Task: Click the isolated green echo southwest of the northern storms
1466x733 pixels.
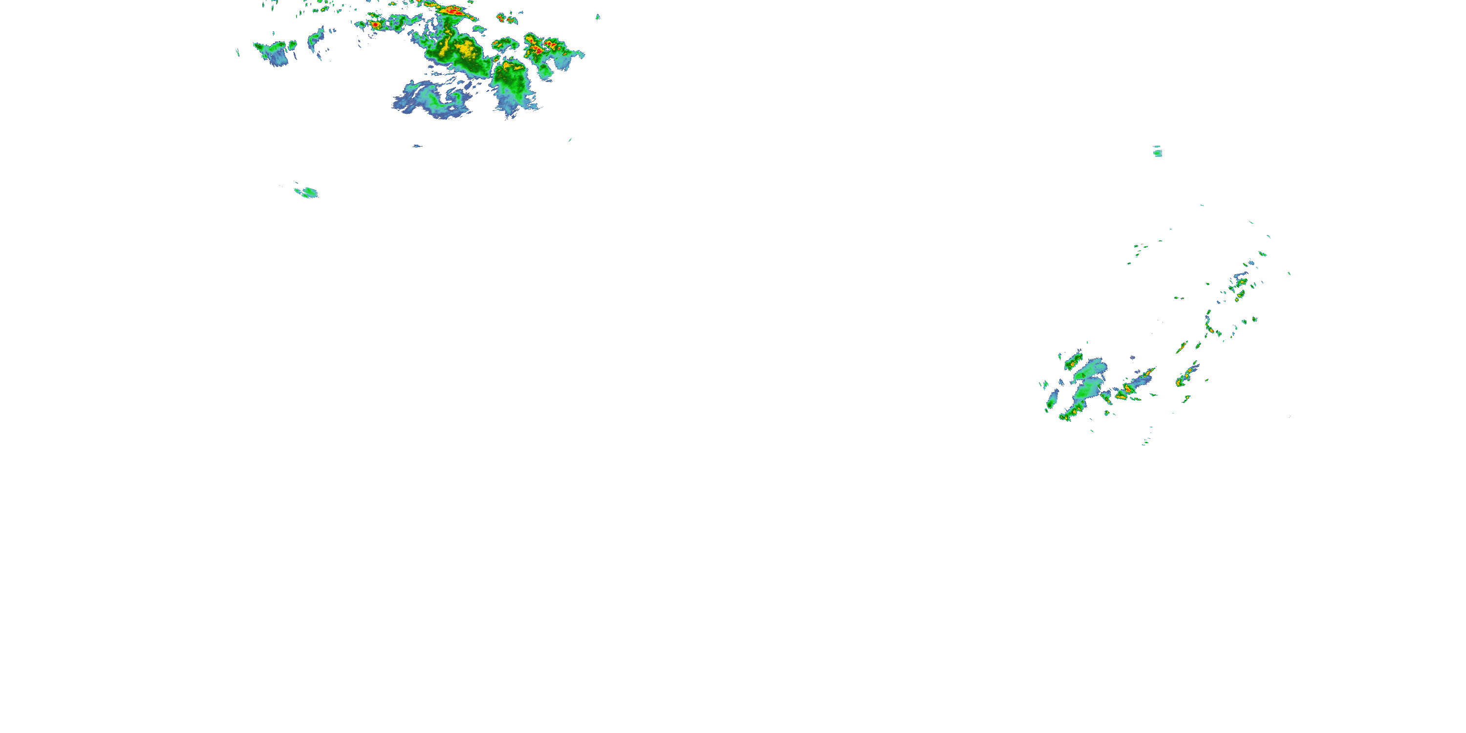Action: pos(308,192)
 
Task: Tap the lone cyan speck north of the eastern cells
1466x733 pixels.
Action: pos(1157,152)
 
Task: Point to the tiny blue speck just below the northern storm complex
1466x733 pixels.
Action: pos(417,146)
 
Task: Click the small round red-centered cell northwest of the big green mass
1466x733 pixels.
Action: pos(376,25)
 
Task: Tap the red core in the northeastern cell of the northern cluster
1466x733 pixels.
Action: pos(538,50)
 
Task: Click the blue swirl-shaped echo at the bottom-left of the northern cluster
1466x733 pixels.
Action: pos(432,101)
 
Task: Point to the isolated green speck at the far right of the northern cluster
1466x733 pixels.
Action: pos(598,17)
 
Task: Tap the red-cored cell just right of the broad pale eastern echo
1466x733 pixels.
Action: pos(1126,390)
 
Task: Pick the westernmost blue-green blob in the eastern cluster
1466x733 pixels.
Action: pos(1051,401)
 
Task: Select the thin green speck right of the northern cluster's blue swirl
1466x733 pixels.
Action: pos(569,139)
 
